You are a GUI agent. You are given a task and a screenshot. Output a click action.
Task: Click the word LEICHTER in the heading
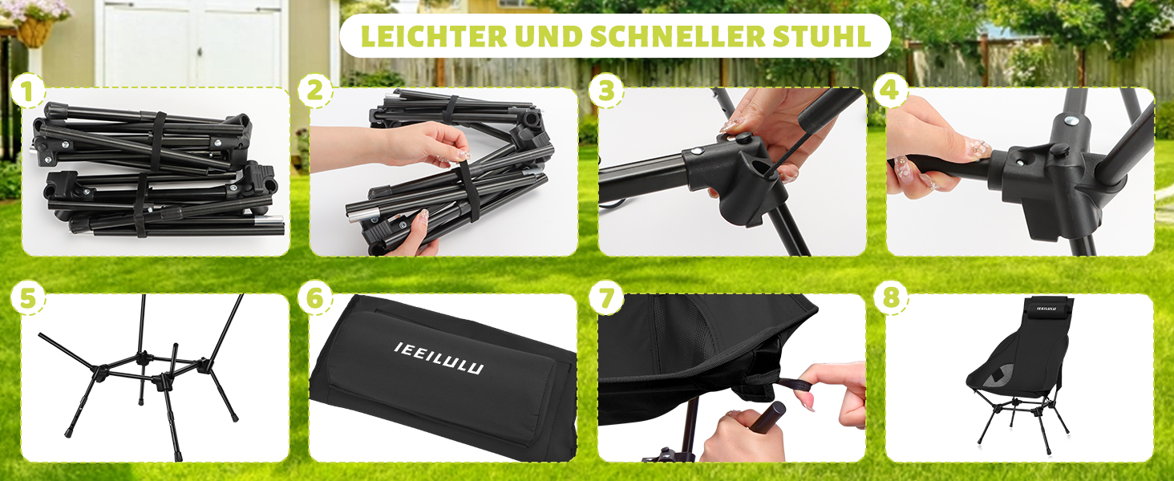434,35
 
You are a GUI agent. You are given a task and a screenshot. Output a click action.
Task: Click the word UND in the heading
549,35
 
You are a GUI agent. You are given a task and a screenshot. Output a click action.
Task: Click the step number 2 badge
315,91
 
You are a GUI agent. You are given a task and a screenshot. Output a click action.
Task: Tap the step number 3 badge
606,91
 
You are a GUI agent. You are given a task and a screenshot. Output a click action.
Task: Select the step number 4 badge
890,91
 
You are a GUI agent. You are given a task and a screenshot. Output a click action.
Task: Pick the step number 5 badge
27,298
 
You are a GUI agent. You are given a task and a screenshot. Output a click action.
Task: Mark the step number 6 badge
315,298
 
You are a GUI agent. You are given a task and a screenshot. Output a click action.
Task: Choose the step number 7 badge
606,298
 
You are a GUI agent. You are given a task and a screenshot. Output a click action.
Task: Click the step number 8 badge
890,298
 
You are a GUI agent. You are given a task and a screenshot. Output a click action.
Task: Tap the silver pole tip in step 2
358,209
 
